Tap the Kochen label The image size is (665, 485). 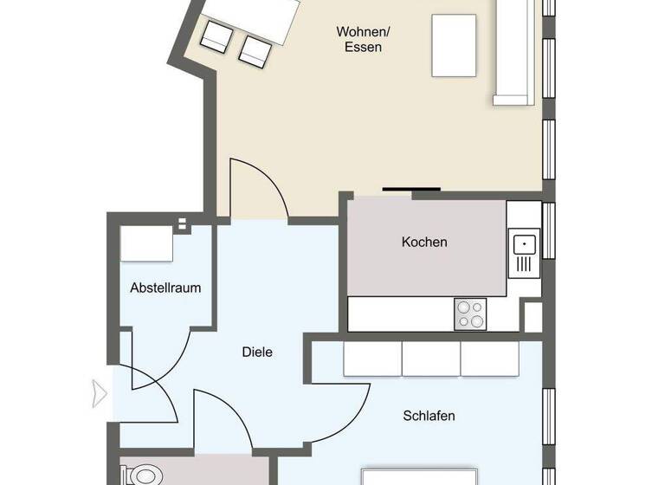[424, 242]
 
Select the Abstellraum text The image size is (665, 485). [165, 288]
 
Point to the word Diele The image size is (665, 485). [257, 352]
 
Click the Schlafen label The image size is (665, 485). [429, 416]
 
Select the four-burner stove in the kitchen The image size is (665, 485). [471, 314]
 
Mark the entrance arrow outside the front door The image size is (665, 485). [100, 394]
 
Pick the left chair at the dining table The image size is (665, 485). [216, 35]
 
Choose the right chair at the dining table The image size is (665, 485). [254, 49]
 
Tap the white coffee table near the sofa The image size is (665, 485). [453, 46]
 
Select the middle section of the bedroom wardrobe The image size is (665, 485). [430, 359]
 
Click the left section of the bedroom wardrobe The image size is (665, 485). [372, 359]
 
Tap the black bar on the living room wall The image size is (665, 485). [412, 187]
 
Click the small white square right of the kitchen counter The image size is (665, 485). [533, 315]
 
